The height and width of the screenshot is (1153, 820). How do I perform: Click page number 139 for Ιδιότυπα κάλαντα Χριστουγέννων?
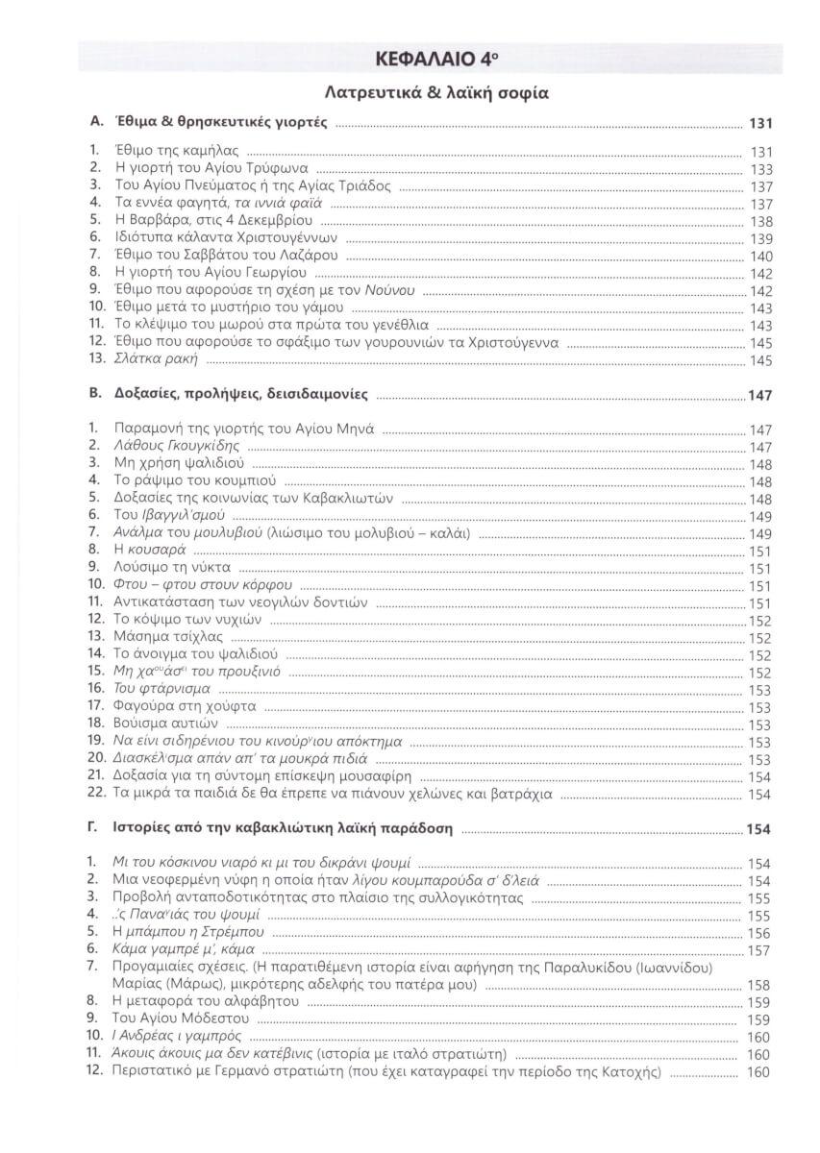(760, 239)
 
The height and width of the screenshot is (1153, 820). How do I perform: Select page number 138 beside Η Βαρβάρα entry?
(760, 221)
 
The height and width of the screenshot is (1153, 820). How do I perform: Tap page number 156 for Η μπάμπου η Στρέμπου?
(760, 934)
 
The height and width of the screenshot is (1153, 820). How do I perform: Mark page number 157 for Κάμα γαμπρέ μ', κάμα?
(760, 951)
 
